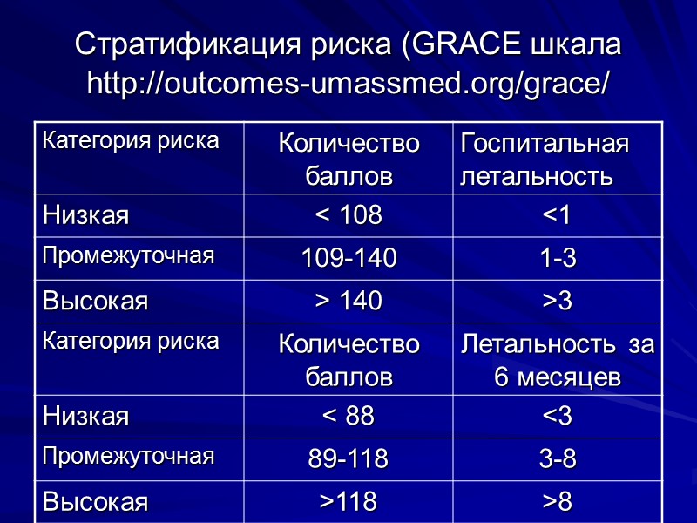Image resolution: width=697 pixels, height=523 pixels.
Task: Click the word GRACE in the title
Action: click(463, 44)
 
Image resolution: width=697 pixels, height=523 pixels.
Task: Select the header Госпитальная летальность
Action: click(544, 160)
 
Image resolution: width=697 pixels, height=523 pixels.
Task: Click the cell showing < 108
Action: click(348, 215)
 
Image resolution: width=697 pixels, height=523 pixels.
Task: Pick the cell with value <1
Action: click(558, 215)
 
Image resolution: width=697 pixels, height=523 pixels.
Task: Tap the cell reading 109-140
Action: click(348, 258)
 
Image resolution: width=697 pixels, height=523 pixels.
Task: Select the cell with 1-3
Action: click(558, 258)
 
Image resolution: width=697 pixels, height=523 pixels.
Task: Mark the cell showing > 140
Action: click(348, 302)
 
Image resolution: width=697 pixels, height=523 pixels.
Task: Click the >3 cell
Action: click(558, 302)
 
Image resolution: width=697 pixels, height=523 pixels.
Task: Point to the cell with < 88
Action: click(348, 417)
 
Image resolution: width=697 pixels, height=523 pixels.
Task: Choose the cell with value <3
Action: click(558, 417)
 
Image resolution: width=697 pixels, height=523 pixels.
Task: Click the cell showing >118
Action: click(348, 502)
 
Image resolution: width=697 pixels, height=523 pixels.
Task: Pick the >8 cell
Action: click(558, 502)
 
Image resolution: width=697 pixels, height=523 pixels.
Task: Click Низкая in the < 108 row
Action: click(86, 215)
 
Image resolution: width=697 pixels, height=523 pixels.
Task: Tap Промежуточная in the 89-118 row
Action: click(129, 457)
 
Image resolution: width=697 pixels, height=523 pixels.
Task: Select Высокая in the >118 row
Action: click(96, 502)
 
